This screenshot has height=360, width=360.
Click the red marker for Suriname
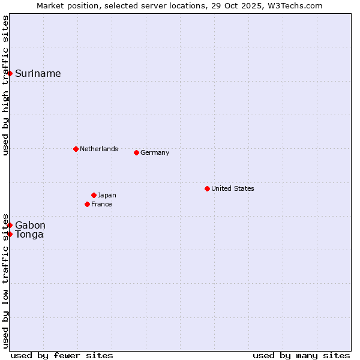(x=10, y=73)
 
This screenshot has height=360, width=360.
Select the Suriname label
(x=38, y=74)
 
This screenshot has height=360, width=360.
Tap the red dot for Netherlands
(x=76, y=149)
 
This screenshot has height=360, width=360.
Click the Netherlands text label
(x=98, y=149)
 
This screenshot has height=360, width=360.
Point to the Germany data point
(x=136, y=152)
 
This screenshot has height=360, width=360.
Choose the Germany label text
(x=155, y=152)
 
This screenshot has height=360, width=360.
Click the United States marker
(x=207, y=188)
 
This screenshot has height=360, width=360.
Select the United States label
(x=232, y=188)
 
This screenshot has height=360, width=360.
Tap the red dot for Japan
(x=94, y=195)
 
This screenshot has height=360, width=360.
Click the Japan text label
(x=107, y=195)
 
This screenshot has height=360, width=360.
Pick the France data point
(x=87, y=204)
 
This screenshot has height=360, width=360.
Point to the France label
(x=101, y=204)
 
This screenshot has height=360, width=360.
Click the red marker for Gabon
(x=10, y=225)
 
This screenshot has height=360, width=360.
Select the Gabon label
(x=30, y=226)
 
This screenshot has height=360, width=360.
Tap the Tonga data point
(x=10, y=234)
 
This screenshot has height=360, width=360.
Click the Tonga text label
(x=29, y=235)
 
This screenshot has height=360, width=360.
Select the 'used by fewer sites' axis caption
(x=62, y=355)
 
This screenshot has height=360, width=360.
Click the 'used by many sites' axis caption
(x=301, y=355)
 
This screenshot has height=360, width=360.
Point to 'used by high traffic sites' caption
(x=5, y=85)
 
